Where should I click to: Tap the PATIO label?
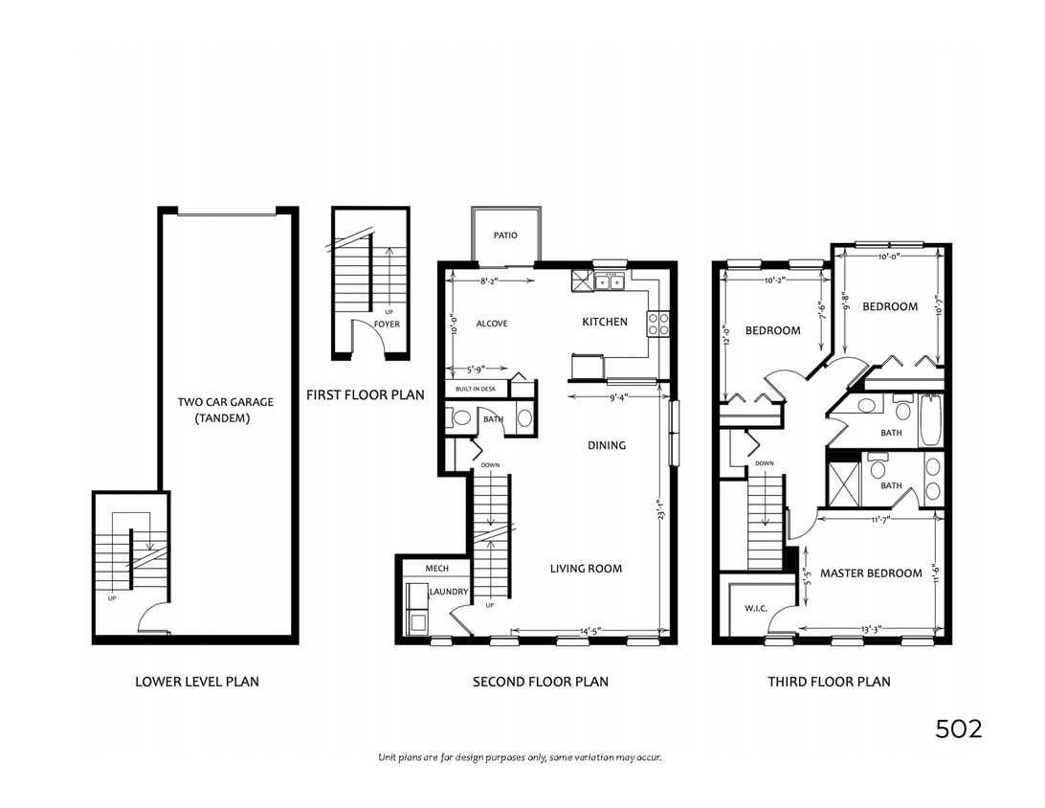(505, 236)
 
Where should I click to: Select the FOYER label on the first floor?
(387, 325)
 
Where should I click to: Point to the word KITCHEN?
(605, 322)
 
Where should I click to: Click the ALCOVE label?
(492, 324)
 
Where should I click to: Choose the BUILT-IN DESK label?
(476, 389)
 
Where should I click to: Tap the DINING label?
(607, 445)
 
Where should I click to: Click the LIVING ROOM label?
(586, 569)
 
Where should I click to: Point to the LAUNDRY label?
(449, 592)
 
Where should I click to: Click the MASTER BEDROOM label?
(871, 573)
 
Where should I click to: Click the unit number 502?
(958, 729)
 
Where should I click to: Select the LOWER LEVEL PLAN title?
(196, 682)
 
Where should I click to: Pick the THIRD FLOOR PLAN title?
(829, 682)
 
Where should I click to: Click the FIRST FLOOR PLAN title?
(366, 394)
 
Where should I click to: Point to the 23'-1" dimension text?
(660, 507)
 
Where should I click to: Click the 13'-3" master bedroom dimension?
(871, 629)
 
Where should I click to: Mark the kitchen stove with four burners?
(658, 324)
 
